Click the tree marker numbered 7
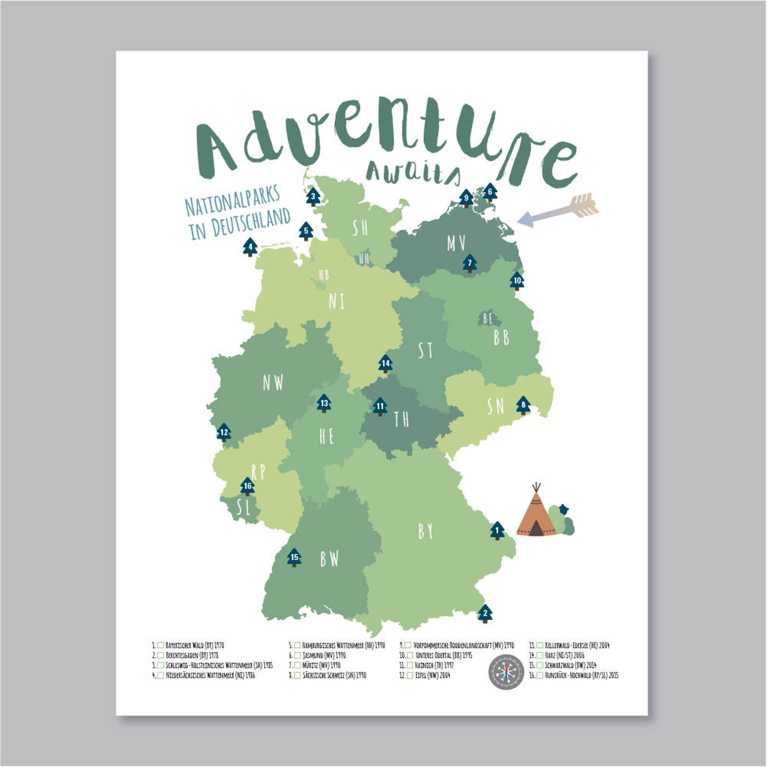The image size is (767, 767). tap(469, 263)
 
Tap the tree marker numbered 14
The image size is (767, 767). tap(385, 364)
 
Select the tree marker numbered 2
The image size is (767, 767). tap(485, 613)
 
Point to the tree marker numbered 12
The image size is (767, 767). tap(224, 432)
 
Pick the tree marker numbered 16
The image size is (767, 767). tap(247, 486)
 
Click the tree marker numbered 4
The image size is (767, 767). tap(250, 248)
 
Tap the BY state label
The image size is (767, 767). tap(425, 531)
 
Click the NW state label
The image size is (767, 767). tap(273, 383)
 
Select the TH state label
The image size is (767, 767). tap(401, 419)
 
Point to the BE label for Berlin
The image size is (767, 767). tap(488, 318)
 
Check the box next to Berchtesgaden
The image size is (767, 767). tap(161, 655)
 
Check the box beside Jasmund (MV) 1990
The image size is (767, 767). tap(298, 655)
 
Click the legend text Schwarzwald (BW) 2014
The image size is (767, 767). tap(570, 665)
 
